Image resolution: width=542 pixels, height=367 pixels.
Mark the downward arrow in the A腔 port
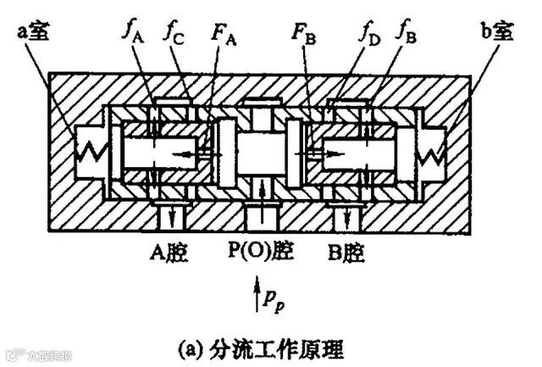click(x=173, y=217)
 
